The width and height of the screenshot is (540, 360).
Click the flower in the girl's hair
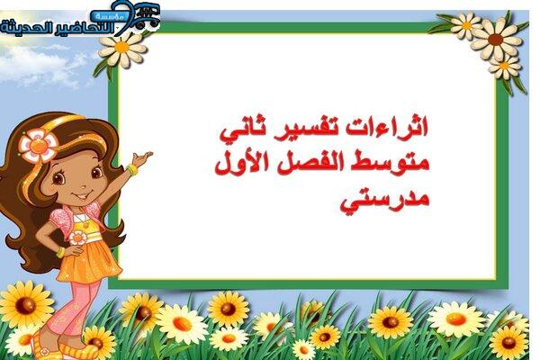[x=38, y=146]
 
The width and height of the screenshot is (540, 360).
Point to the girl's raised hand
[x=142, y=158]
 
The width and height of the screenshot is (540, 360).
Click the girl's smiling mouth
[x=81, y=196]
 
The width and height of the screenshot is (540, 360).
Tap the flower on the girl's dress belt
[x=77, y=238]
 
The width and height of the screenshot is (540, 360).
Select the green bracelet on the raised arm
[x=131, y=169]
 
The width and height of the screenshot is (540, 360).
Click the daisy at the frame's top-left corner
[x=122, y=49]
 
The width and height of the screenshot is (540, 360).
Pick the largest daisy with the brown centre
[x=496, y=39]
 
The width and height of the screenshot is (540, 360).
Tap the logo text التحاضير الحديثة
[x=58, y=28]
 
